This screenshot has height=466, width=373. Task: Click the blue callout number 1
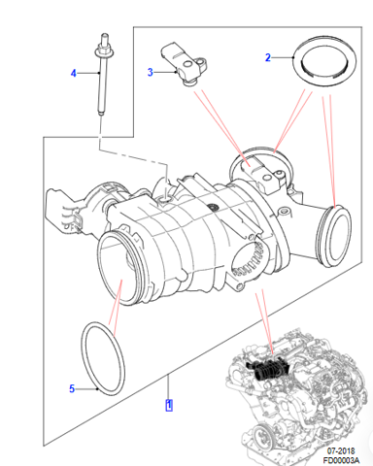[x=169, y=405]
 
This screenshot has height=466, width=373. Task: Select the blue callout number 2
[x=268, y=57]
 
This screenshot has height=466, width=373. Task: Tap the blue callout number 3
[x=150, y=72]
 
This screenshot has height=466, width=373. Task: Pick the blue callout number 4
[x=74, y=73]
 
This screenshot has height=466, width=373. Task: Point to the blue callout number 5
[x=72, y=388]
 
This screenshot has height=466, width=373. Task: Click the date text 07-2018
[x=341, y=450]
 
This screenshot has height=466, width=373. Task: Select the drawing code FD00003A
[x=341, y=460]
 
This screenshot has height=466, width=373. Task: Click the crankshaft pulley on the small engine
[x=262, y=436]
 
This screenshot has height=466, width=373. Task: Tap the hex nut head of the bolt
[x=104, y=50]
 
